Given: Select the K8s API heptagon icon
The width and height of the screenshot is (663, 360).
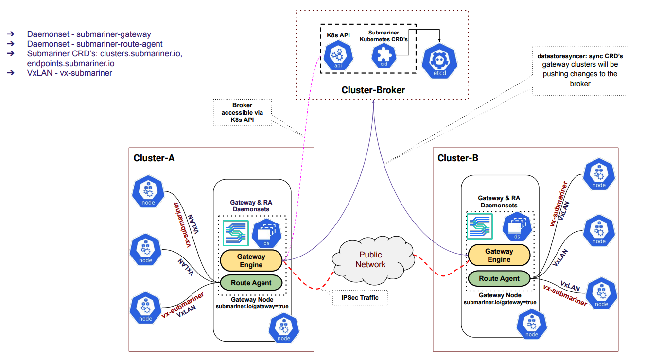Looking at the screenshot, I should pyautogui.click(x=338, y=55).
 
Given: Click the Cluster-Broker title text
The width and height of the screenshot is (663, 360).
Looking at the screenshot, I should pyautogui.click(x=373, y=90).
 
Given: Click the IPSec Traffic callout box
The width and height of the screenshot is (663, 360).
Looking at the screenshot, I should pyautogui.click(x=360, y=297).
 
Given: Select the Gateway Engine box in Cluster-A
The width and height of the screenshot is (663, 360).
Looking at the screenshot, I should pyautogui.click(x=251, y=260).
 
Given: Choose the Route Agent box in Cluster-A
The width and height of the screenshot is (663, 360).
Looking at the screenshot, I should pyautogui.click(x=251, y=283).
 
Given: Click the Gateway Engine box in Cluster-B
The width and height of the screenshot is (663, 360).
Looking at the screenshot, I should pyautogui.click(x=499, y=255).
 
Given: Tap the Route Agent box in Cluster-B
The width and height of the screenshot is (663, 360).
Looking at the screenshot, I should pyautogui.click(x=499, y=278).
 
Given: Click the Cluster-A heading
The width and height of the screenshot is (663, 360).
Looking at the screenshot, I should pyautogui.click(x=154, y=158).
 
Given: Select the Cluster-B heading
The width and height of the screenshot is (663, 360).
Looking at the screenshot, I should pyautogui.click(x=458, y=158).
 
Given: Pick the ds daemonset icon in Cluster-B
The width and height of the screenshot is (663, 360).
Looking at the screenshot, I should pyautogui.click(x=517, y=226).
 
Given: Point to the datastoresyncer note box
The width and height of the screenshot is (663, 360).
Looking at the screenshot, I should pyautogui.click(x=580, y=69).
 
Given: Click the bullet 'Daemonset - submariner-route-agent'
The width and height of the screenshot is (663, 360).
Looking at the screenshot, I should pyautogui.click(x=95, y=43).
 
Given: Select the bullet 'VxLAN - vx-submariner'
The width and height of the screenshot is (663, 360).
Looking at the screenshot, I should pyautogui.click(x=70, y=73).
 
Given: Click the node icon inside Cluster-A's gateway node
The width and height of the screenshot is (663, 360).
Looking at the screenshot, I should pyautogui.click(x=283, y=328).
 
